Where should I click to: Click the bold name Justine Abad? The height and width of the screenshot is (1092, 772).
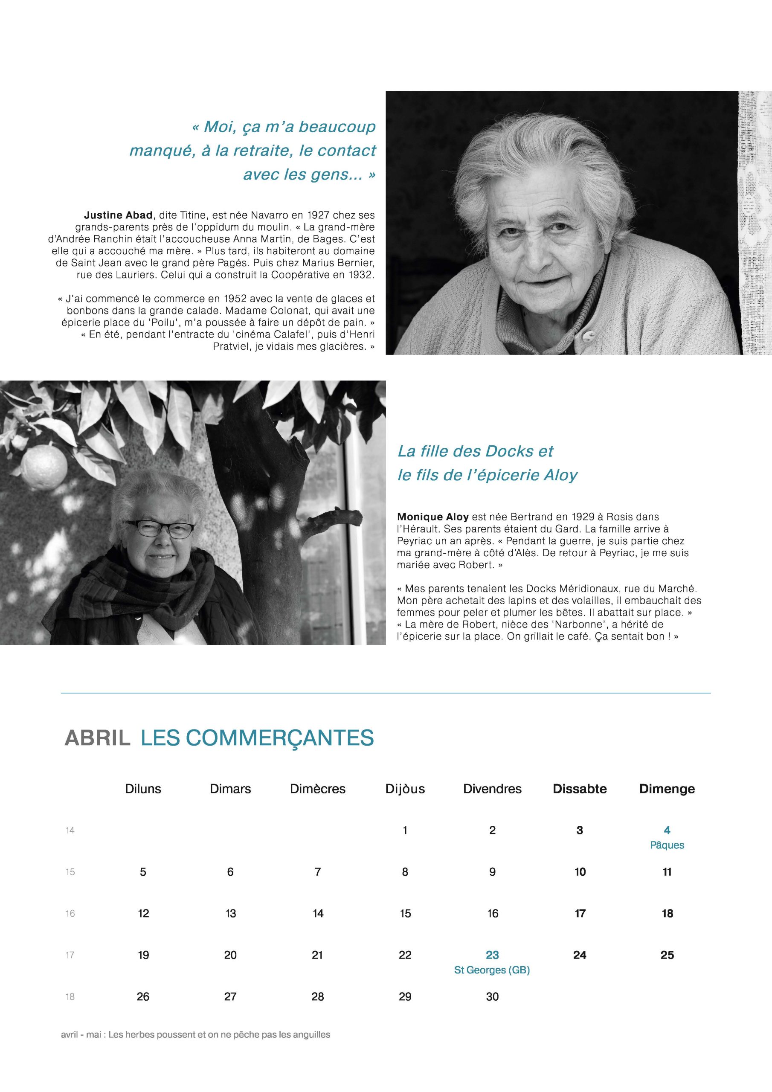118,215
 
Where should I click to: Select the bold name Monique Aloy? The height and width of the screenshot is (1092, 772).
433,517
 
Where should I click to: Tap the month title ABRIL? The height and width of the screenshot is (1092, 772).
98,738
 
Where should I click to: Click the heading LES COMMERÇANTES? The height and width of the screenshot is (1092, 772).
257,738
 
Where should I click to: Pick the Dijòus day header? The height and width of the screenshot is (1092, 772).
405,789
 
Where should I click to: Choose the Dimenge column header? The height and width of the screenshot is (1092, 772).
667,789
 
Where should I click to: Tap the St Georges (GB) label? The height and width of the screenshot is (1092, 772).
492,970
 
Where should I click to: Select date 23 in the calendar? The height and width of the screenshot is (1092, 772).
492,955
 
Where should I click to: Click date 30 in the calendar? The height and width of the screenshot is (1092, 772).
492,997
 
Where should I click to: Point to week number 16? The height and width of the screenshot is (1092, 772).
70,914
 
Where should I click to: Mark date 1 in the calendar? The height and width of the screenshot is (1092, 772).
405,831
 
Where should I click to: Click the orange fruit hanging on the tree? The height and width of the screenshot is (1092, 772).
46,462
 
